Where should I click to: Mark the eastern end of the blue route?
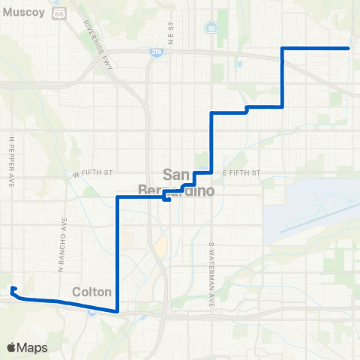coord(349,48)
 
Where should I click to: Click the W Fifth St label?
coord(92,172)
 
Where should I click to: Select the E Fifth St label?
coord(240,172)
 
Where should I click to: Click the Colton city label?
coord(93,292)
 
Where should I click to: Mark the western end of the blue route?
coord(12,288)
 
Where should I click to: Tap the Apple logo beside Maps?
coord(12,347)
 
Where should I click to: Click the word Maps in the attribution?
coord(33,347)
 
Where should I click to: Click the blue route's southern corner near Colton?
coord(118,310)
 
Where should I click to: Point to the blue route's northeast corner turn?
coord(282,48)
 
